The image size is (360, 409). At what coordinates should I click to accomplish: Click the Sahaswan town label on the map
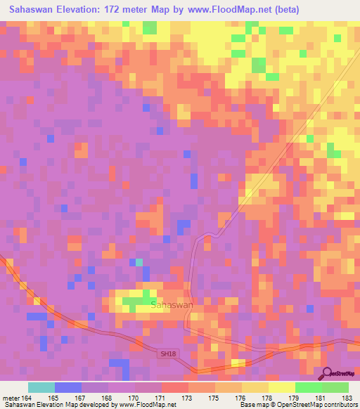172,305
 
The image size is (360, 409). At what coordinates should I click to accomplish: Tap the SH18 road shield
164,356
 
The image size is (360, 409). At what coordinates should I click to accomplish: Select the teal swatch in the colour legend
41,387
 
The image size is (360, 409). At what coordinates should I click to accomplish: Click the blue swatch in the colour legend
68,387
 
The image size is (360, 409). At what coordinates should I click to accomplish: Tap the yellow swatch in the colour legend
281,387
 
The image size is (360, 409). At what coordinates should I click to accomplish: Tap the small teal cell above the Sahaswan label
139,262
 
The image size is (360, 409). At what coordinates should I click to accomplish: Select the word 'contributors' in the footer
340,405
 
